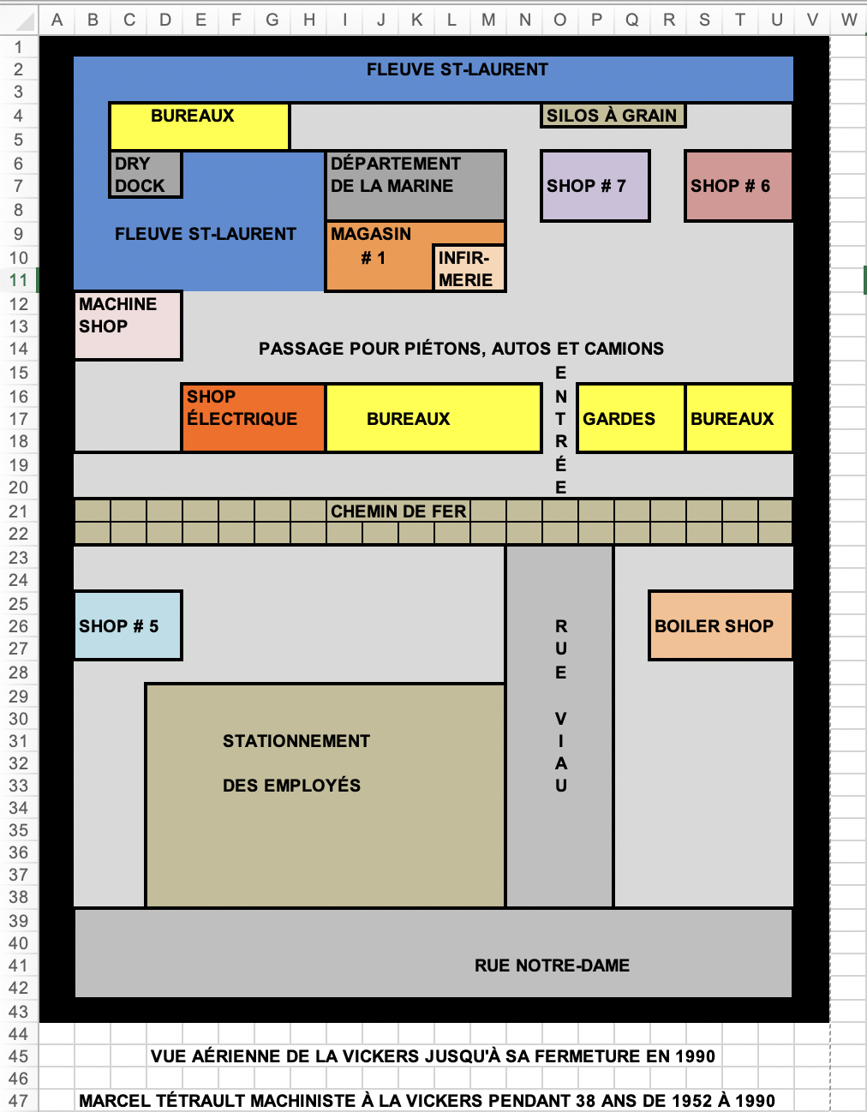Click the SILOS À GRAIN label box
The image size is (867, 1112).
click(x=612, y=116)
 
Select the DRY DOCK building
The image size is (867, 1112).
click(x=145, y=175)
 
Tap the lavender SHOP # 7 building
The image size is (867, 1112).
click(x=595, y=186)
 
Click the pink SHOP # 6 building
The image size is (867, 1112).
click(x=738, y=186)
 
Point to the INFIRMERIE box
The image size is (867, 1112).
click(x=468, y=268)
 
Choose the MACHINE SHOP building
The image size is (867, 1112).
click(x=128, y=325)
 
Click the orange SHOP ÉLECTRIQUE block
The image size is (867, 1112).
click(x=253, y=417)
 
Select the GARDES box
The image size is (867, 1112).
click(x=631, y=418)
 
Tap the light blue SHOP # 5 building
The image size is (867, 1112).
click(x=128, y=625)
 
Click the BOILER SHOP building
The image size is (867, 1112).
click(x=720, y=625)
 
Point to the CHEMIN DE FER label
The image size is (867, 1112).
click(x=398, y=511)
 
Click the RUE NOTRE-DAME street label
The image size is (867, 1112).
click(x=552, y=966)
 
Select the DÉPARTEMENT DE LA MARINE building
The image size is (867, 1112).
click(x=416, y=184)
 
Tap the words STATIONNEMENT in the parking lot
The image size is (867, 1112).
click(x=296, y=741)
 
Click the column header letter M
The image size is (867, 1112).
click(x=487, y=20)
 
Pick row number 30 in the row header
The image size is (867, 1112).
click(x=18, y=719)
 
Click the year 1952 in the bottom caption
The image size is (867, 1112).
click(x=693, y=1101)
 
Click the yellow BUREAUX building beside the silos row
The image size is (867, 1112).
click(x=199, y=126)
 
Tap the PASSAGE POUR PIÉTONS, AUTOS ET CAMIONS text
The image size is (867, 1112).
click(x=461, y=349)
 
